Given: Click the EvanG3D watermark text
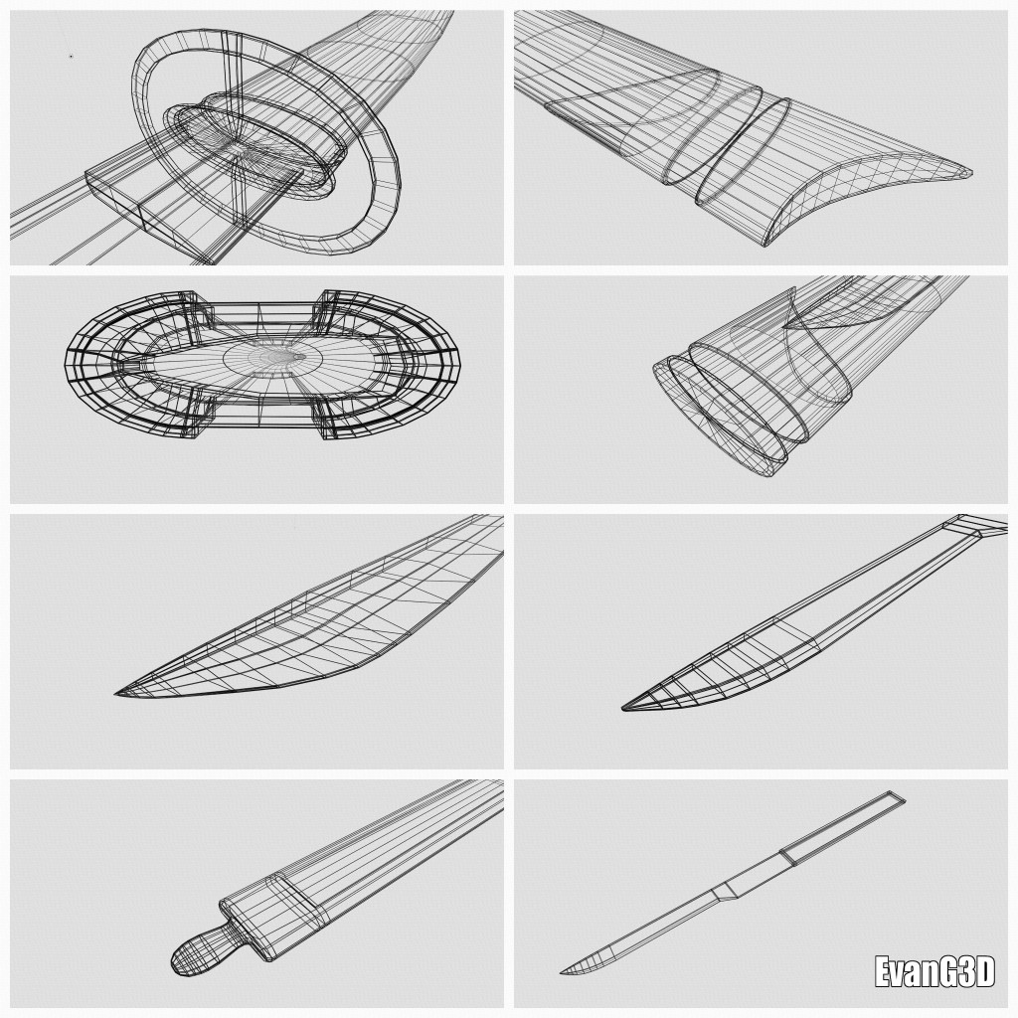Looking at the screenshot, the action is pos(934,972).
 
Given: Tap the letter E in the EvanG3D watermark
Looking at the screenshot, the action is pos(883,972).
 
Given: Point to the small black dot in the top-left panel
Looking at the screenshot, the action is pos(71,57).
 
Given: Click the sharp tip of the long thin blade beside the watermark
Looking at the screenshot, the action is pos(561,972).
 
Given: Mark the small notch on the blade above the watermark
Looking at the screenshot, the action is pos(724,892).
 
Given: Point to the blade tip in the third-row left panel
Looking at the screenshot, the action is pos(116,694).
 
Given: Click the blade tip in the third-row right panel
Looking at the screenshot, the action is pos(623,708).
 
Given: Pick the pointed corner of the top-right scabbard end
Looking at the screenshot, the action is pos(971,173).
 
